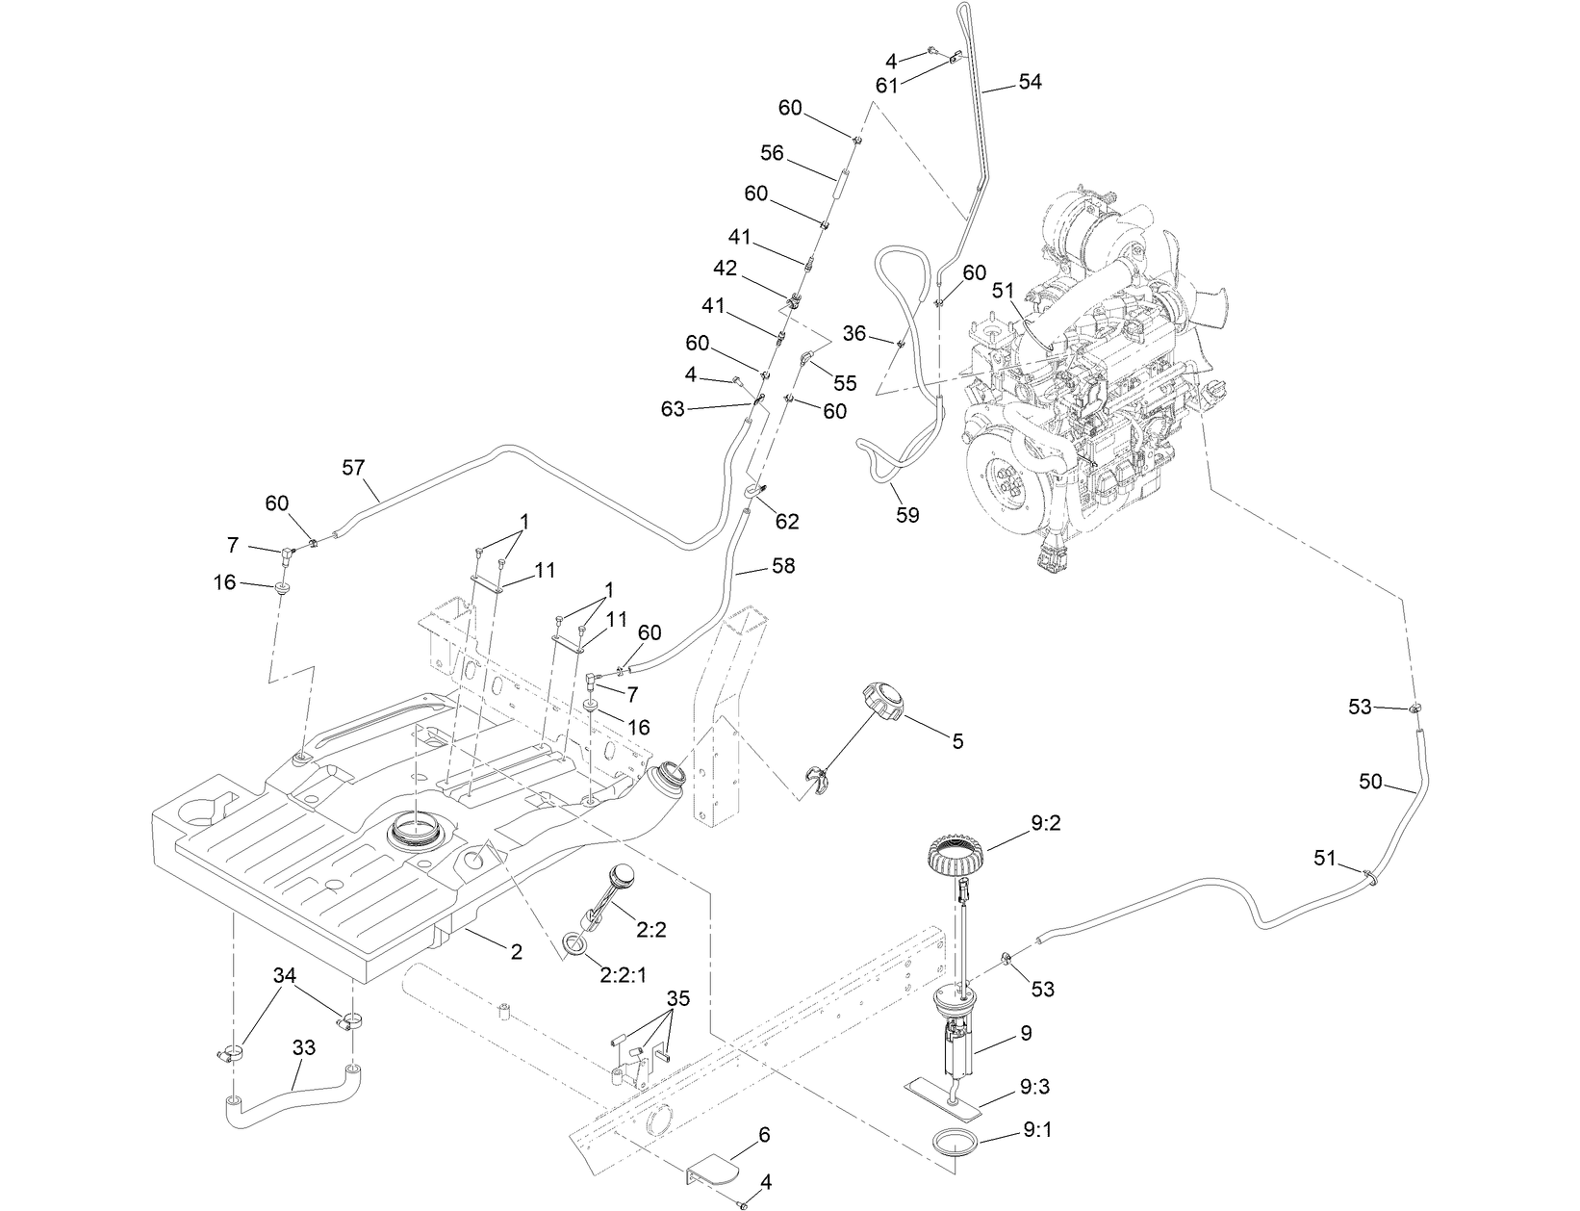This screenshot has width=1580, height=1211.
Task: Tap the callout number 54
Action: (x=1029, y=83)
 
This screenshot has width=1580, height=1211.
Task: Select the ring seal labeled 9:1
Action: (x=957, y=1146)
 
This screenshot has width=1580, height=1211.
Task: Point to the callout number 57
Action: (x=354, y=467)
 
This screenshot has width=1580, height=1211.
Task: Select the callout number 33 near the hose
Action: (x=303, y=1047)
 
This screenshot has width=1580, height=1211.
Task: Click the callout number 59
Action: (x=906, y=515)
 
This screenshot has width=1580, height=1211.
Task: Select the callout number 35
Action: (x=677, y=999)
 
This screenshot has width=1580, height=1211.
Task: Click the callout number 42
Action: (x=726, y=268)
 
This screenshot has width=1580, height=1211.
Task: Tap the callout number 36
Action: (x=854, y=333)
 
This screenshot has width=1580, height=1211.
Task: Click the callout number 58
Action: (x=783, y=566)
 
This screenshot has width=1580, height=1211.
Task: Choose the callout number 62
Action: (x=787, y=522)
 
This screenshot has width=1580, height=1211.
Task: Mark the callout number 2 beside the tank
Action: (x=516, y=951)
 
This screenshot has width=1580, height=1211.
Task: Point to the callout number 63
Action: (x=673, y=409)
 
